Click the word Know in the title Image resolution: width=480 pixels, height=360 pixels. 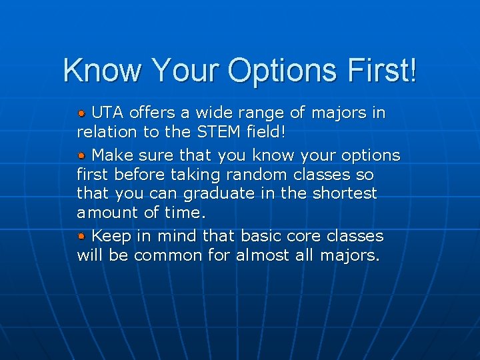pos(103,70)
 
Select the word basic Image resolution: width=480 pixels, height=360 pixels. pos(261,236)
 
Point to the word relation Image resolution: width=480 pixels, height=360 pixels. pos(107,132)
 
